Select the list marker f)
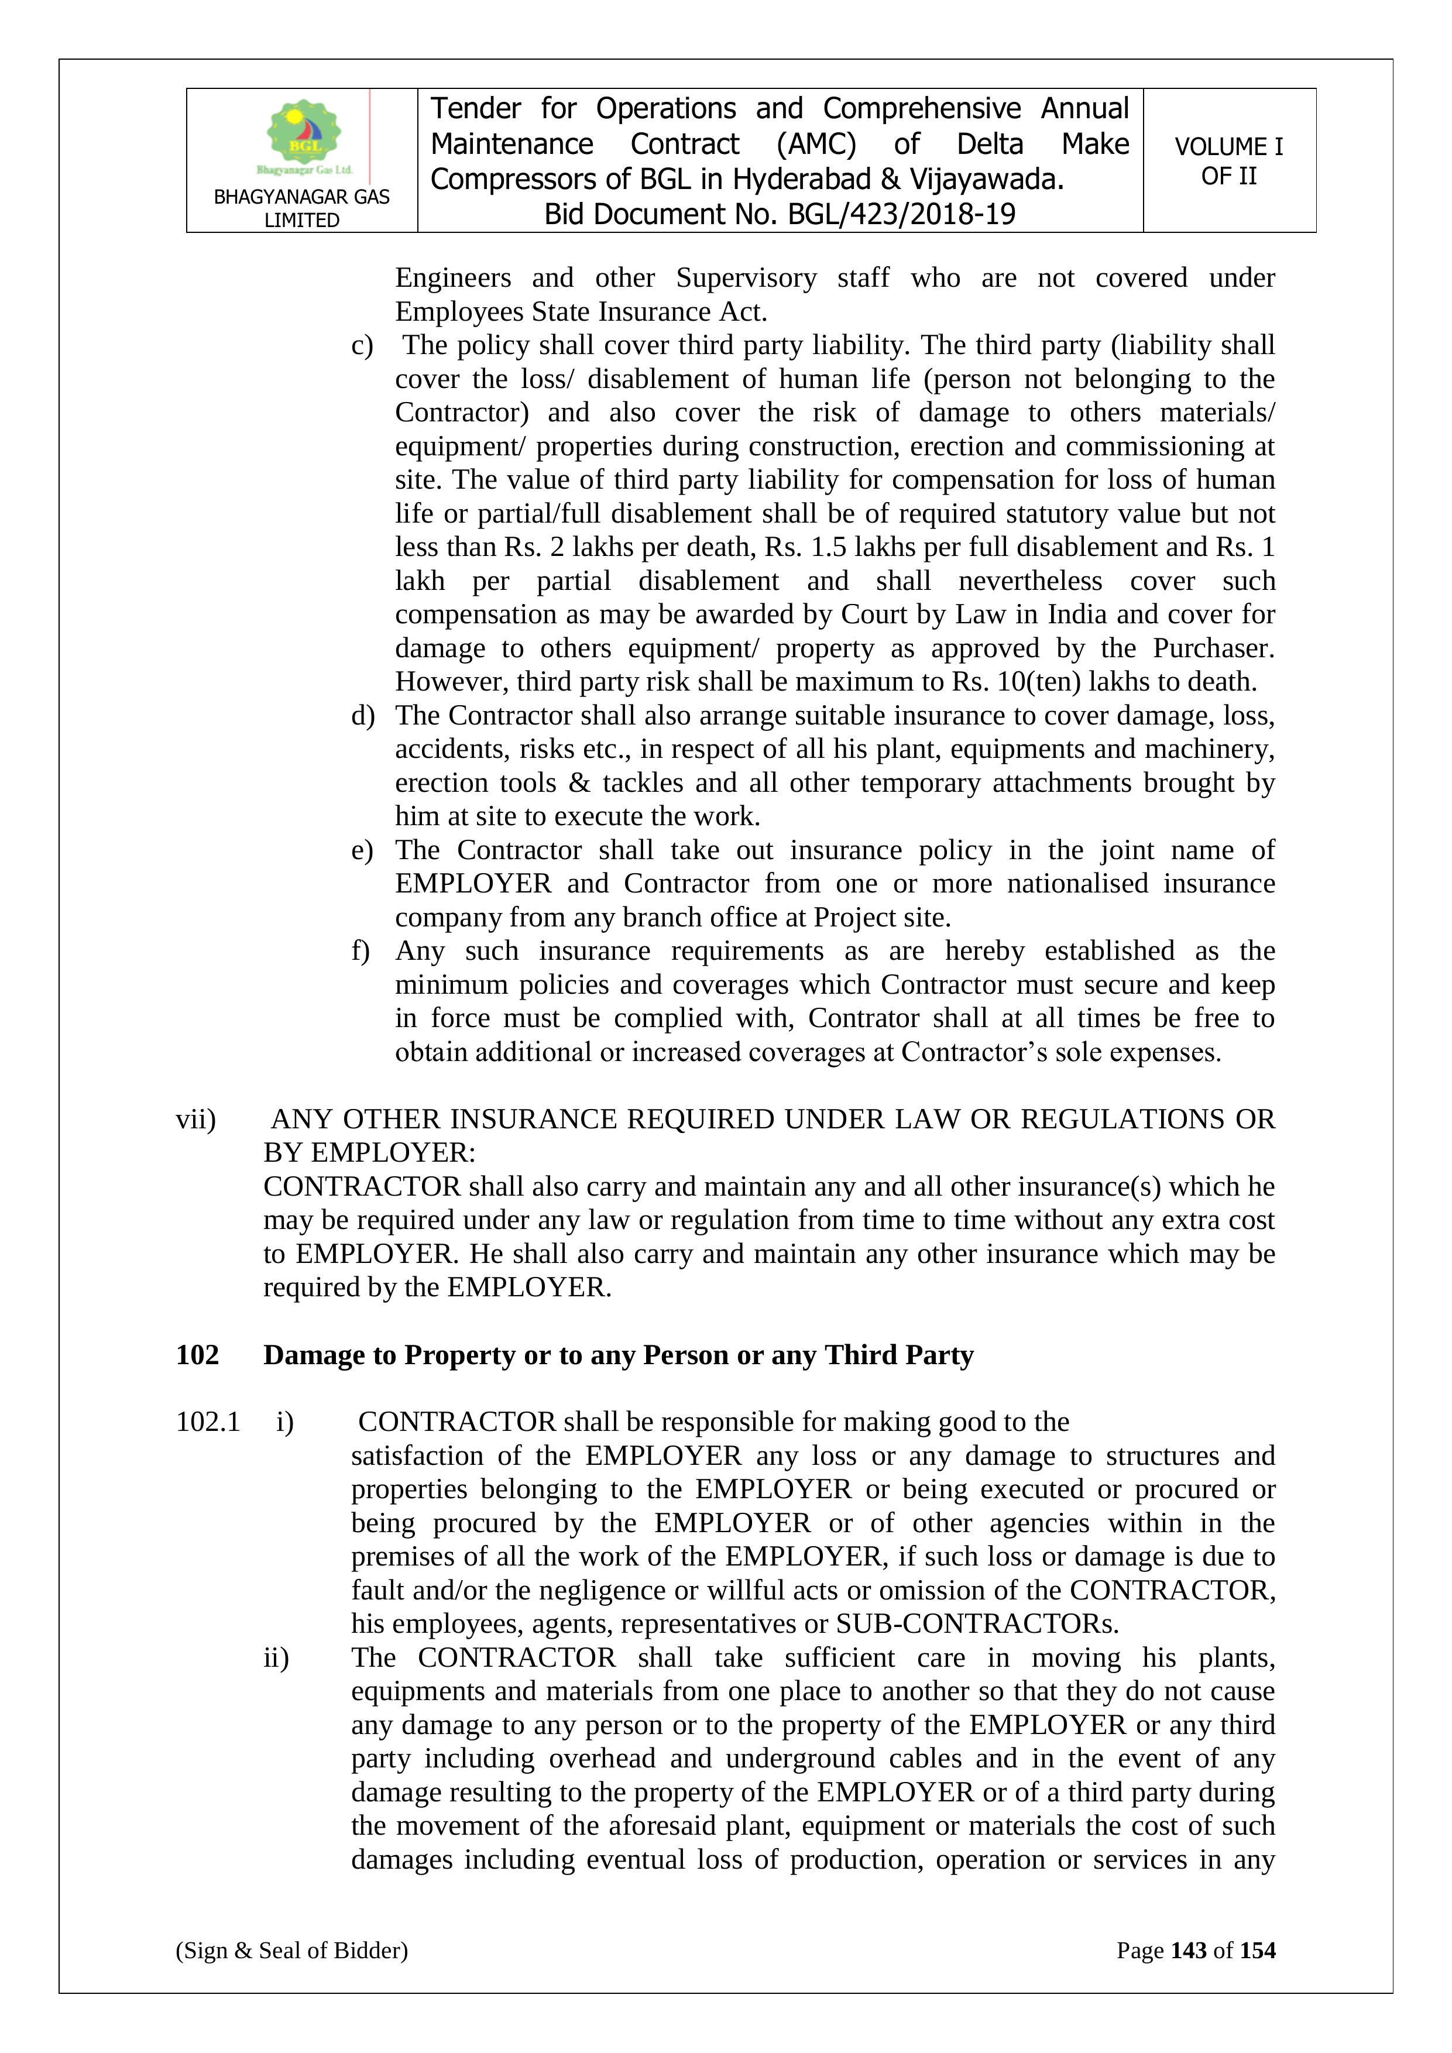click(361, 950)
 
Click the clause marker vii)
click(196, 1120)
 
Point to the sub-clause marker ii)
click(276, 1658)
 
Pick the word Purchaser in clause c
click(1213, 648)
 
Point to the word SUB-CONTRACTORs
click(977, 1624)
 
